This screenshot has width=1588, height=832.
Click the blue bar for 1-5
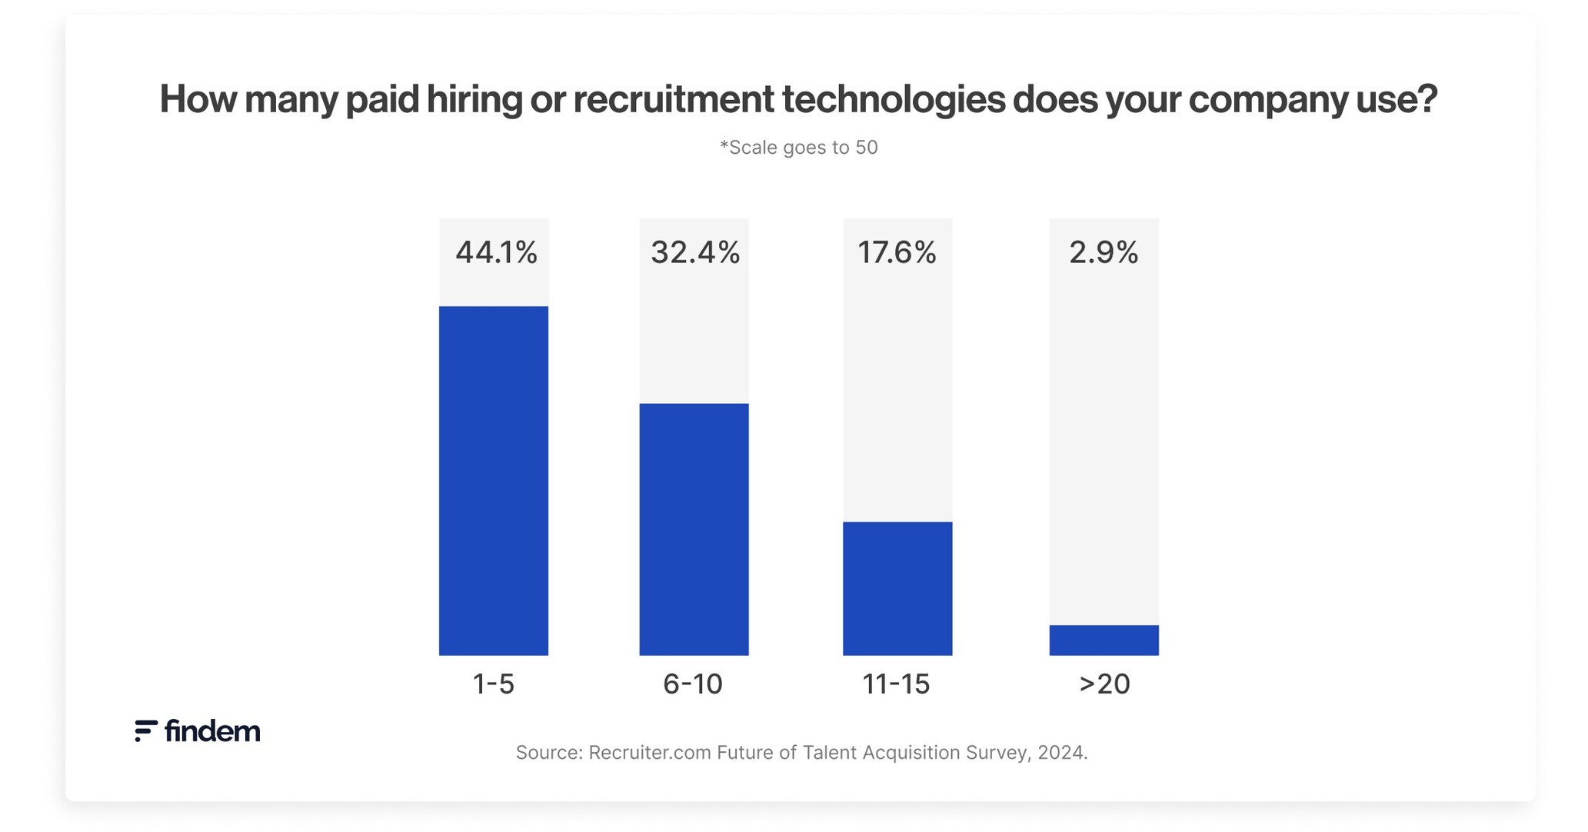(493, 481)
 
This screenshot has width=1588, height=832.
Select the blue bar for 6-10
(694, 529)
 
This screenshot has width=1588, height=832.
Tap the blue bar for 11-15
(897, 588)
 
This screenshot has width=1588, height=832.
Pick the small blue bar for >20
(1103, 640)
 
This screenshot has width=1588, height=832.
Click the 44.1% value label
(495, 252)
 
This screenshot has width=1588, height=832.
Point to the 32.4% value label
(694, 252)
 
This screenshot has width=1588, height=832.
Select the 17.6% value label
(897, 252)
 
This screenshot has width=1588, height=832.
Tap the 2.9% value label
(1103, 252)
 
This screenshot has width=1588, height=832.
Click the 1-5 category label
(493, 684)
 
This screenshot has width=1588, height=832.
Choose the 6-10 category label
(693, 684)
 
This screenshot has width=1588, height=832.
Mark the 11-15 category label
(896, 684)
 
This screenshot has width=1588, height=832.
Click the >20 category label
(1104, 684)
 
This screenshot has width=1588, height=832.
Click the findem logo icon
(145, 730)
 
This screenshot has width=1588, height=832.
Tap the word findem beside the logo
(212, 730)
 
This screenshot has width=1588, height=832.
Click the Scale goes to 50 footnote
(798, 148)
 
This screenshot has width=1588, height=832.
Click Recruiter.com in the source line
(649, 752)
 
